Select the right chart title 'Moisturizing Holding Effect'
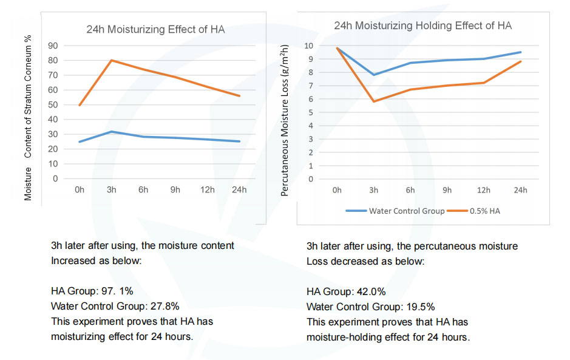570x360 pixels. click(x=422, y=25)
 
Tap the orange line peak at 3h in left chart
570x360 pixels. click(x=111, y=60)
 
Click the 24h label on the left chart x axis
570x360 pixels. click(x=239, y=190)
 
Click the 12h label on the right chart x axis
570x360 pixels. click(x=483, y=190)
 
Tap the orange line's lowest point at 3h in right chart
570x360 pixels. click(x=373, y=101)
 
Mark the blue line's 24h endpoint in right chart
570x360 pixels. click(x=520, y=52)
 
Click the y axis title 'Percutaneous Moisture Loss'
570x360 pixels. click(x=285, y=112)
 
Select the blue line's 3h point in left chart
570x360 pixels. click(x=111, y=131)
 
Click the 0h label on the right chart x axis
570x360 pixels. click(x=337, y=190)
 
